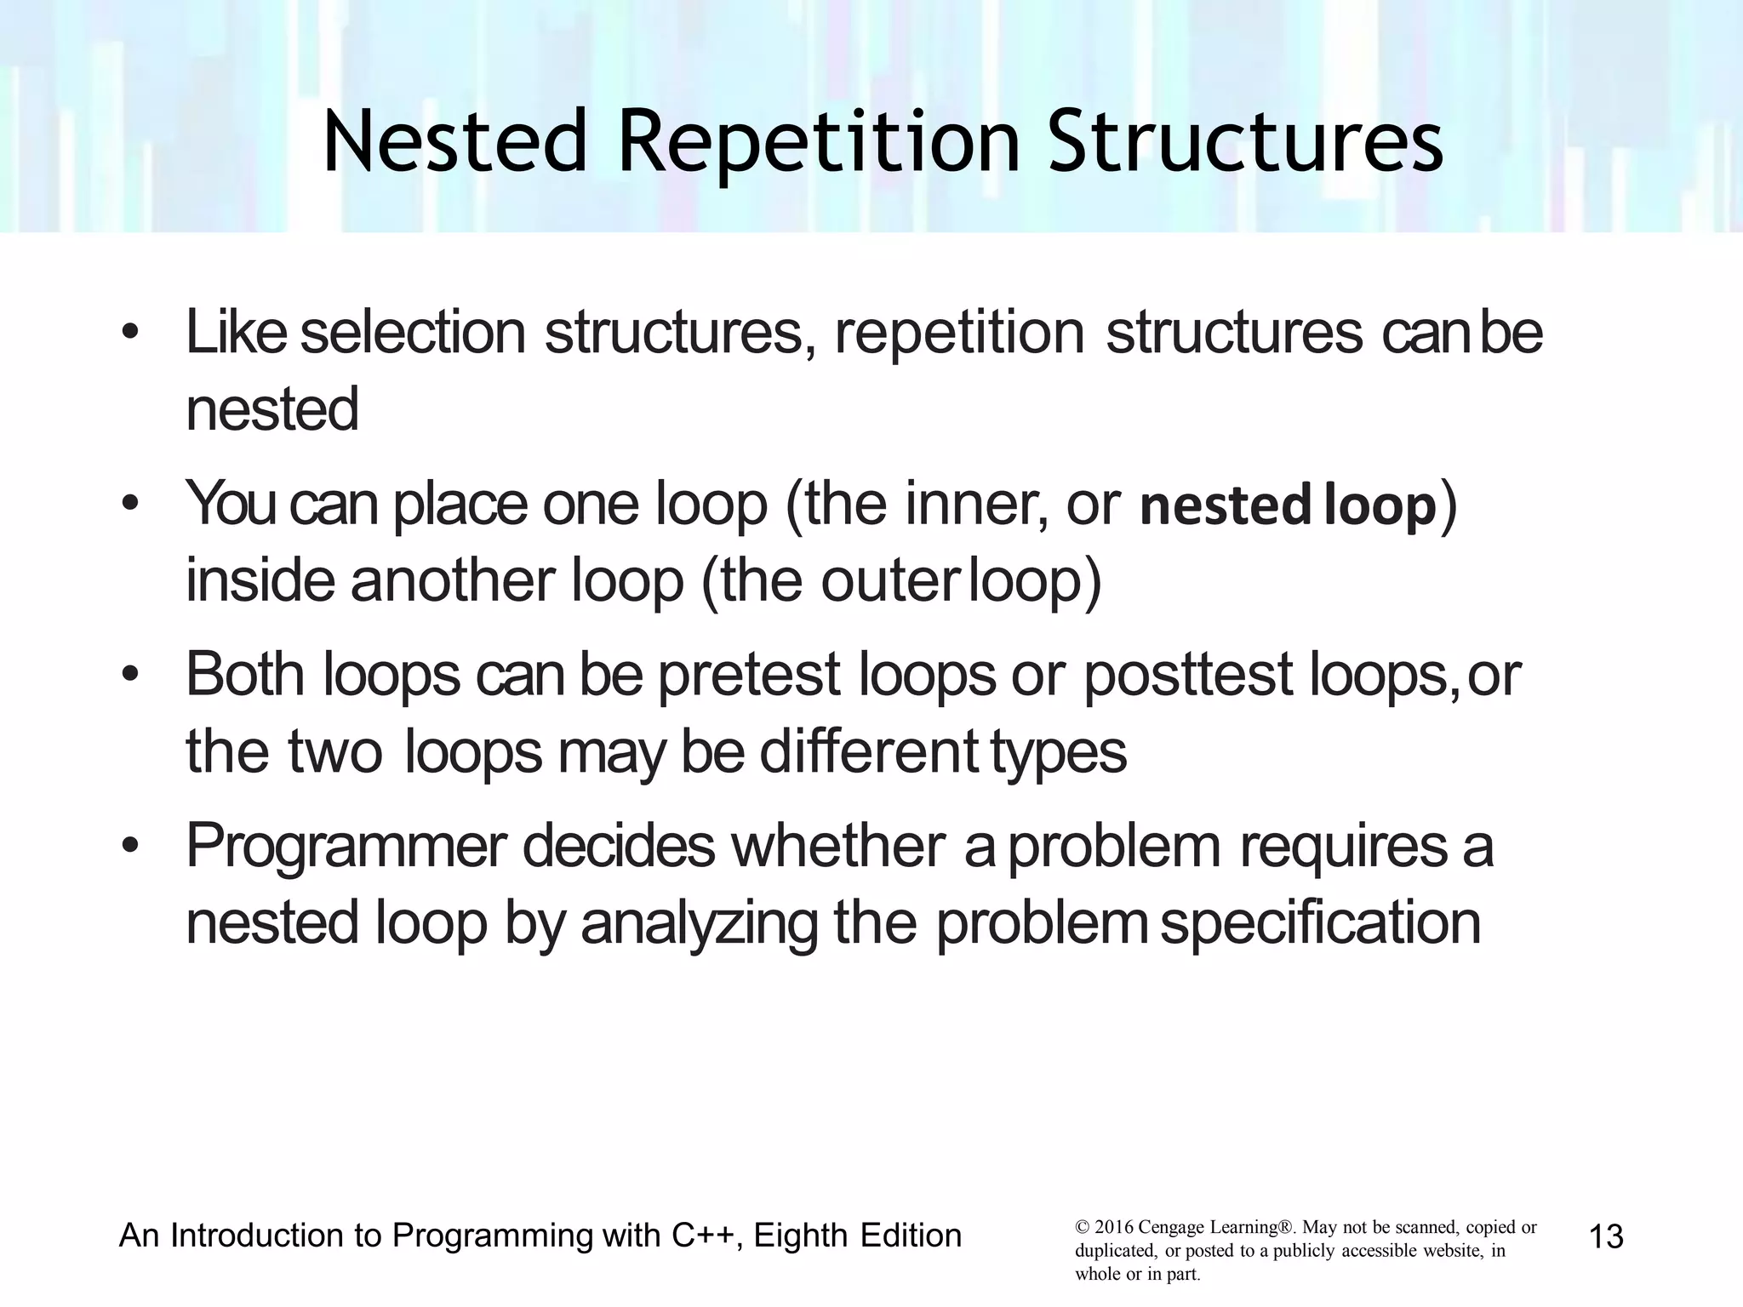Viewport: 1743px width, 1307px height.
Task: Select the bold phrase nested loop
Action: (x=1288, y=505)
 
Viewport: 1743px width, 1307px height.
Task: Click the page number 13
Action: (x=1606, y=1236)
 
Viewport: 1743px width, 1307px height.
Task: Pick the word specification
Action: (x=1320, y=923)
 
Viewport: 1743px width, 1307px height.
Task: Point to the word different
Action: (x=868, y=752)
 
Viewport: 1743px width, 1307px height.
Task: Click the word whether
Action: (x=837, y=846)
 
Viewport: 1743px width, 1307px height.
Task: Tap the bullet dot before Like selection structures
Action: (x=129, y=333)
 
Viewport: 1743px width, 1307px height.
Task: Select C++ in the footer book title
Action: (x=702, y=1236)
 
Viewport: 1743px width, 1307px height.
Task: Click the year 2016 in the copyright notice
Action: (x=1113, y=1228)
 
